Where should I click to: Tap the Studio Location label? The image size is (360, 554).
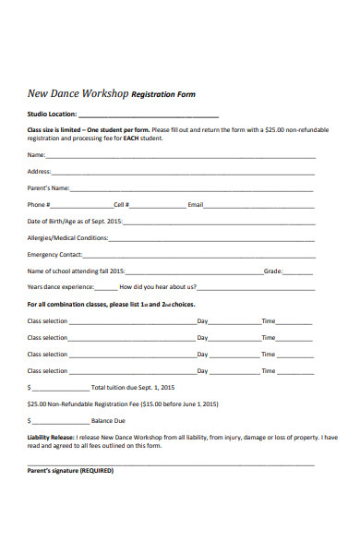53,115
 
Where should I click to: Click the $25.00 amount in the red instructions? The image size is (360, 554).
275,130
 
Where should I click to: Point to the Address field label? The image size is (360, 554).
40,172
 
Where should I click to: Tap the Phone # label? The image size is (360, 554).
38,205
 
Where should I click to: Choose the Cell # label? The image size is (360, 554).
121,205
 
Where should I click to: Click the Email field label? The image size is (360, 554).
195,205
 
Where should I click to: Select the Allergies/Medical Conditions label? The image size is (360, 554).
68,238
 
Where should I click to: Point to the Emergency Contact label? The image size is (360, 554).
55,255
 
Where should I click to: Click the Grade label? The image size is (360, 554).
273,271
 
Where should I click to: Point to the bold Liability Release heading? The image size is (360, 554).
49,439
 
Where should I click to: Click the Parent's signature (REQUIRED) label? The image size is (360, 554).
70,470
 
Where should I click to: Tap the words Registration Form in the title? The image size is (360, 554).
163,94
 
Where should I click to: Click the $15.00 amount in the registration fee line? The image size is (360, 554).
152,404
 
